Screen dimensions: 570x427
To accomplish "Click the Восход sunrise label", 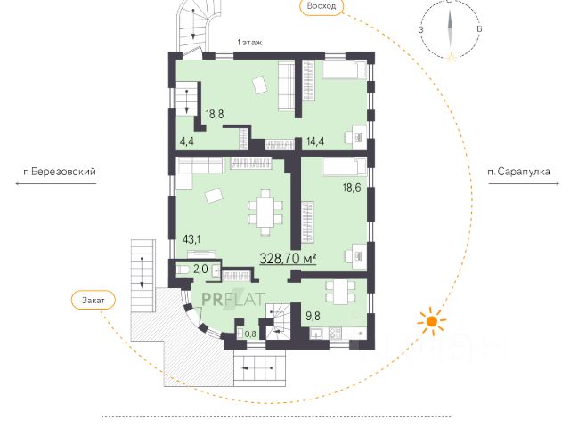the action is pyautogui.click(x=322, y=6).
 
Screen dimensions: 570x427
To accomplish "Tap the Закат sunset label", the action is pyautogui.click(x=93, y=301).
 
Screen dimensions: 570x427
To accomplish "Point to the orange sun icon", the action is pyautogui.click(x=431, y=321).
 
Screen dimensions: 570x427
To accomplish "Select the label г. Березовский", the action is pyautogui.click(x=60, y=172).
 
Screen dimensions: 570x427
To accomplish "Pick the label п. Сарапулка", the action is pyautogui.click(x=518, y=172).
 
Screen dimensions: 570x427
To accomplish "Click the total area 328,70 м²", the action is pyautogui.click(x=288, y=259).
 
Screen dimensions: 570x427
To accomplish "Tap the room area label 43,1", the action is pyautogui.click(x=191, y=239).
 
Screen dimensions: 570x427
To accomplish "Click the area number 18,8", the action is pyautogui.click(x=215, y=114).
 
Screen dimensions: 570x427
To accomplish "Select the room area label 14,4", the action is pyautogui.click(x=315, y=141).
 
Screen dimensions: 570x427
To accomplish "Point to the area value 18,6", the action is pyautogui.click(x=352, y=188).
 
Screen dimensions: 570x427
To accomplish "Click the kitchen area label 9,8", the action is pyautogui.click(x=313, y=316).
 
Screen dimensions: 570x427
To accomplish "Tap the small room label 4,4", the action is pyautogui.click(x=187, y=141).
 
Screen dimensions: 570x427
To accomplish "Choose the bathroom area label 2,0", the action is pyautogui.click(x=200, y=269).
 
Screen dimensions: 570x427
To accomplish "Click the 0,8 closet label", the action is pyautogui.click(x=250, y=334).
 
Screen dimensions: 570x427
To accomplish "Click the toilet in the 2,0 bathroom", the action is pyautogui.click(x=183, y=270).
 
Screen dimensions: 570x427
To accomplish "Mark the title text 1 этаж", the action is pyautogui.click(x=249, y=43).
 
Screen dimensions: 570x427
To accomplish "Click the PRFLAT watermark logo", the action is pyautogui.click(x=233, y=299).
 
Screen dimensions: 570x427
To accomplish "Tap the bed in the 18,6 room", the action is pyautogui.click(x=345, y=167).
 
